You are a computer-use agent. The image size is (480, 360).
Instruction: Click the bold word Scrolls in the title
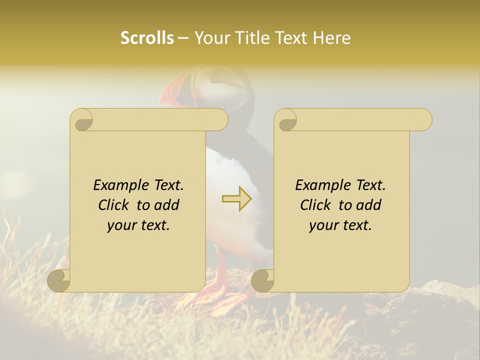tap(147, 38)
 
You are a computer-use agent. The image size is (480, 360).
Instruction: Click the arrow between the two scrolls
tap(237, 199)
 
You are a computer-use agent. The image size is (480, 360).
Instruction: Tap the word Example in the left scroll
tap(116, 185)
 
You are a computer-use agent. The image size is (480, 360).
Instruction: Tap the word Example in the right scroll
tap(318, 185)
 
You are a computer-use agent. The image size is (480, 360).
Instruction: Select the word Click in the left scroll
tap(115, 205)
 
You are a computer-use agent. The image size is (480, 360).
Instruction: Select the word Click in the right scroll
tap(317, 205)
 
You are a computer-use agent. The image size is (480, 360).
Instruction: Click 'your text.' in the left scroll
tap(138, 225)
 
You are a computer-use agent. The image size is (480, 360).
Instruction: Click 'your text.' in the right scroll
tap(340, 225)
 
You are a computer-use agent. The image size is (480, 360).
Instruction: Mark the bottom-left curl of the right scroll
tap(263, 280)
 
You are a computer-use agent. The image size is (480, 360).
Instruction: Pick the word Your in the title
tap(210, 38)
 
